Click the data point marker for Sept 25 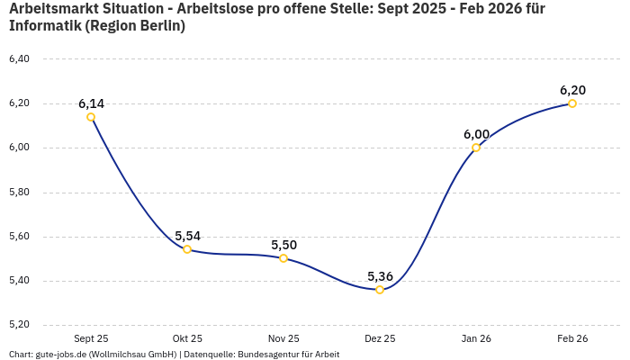coord(91,117)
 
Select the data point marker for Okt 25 coord(187,249)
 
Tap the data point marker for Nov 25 coord(283,258)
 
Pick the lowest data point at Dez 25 coord(380,290)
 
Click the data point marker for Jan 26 coord(476,148)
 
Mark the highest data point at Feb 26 coord(572,103)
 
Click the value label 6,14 coord(91,103)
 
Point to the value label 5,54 coord(187,236)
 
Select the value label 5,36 coord(380,276)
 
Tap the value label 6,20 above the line coord(572,90)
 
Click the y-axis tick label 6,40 coord(19,59)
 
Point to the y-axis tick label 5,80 coord(19,193)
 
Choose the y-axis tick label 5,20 coord(19,325)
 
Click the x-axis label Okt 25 coord(187,338)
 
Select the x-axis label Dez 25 coord(380,338)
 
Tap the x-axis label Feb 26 coord(572,338)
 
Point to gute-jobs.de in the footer coord(62,355)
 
